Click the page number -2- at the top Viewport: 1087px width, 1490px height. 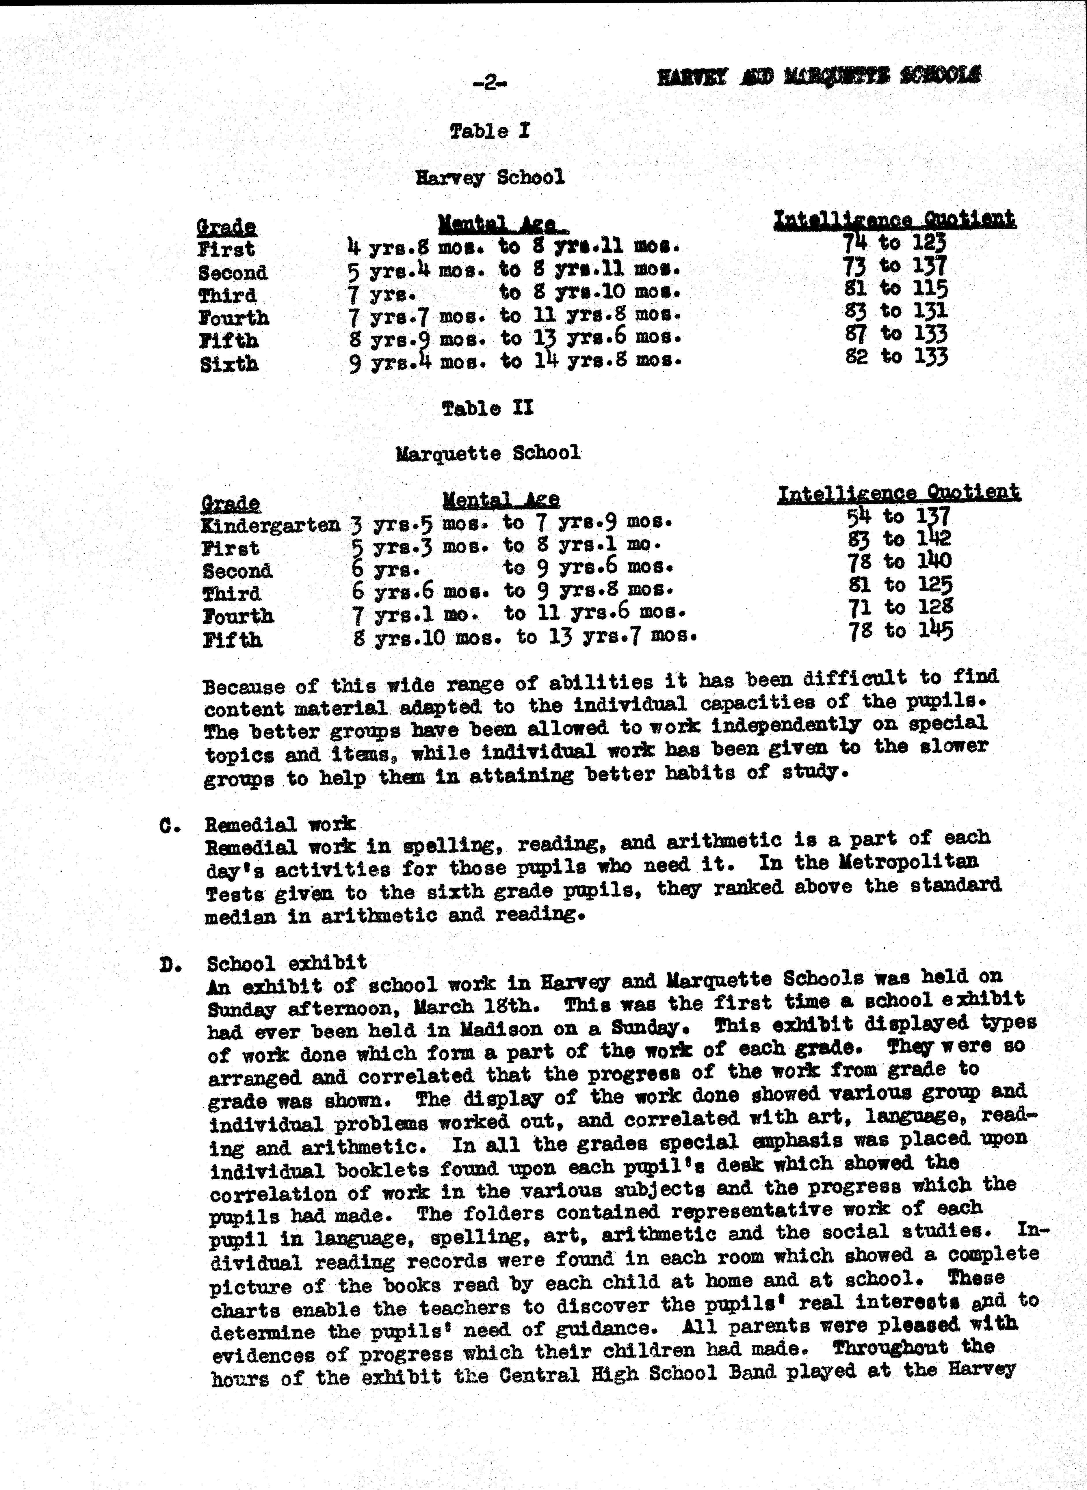[x=490, y=83]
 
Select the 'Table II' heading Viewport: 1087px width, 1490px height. [x=488, y=408]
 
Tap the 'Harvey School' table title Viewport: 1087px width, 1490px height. [x=490, y=178]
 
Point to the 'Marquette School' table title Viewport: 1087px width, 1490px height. [x=488, y=453]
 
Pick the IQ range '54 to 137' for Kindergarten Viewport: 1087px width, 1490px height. [x=898, y=516]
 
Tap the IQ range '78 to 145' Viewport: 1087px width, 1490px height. [x=900, y=631]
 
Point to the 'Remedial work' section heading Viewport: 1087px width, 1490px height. [x=280, y=824]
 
